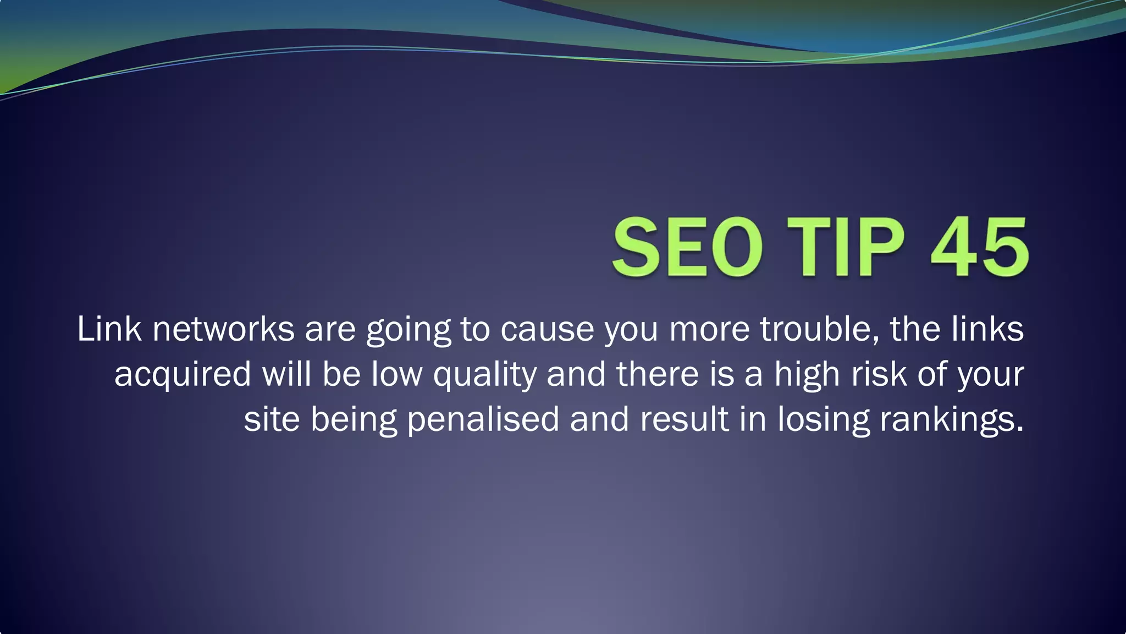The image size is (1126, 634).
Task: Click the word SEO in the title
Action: [x=688, y=247]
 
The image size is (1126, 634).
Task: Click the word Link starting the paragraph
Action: [x=109, y=330]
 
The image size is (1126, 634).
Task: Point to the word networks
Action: [x=223, y=330]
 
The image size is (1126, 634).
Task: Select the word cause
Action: [x=547, y=330]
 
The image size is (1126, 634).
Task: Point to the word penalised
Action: [x=483, y=420]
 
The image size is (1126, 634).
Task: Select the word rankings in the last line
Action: [x=951, y=420]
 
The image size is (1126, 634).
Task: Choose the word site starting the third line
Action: [x=272, y=419]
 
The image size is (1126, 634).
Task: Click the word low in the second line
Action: [x=396, y=374]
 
